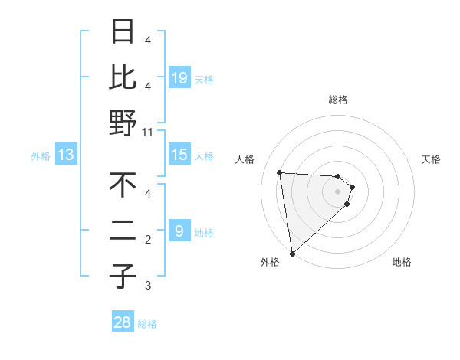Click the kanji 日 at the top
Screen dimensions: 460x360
[123, 31]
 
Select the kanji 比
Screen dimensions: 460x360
[123, 77]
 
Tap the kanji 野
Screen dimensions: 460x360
[123, 123]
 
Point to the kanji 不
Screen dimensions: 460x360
[123, 185]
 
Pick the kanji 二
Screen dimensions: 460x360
[123, 231]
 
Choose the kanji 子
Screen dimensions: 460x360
[123, 277]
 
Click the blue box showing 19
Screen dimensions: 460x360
[179, 77]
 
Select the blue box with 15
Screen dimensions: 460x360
[179, 155]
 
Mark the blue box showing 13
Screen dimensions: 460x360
[66, 155]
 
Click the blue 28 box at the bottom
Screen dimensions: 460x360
[123, 322]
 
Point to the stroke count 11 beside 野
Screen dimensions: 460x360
[149, 133]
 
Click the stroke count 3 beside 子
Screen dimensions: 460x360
[148, 286]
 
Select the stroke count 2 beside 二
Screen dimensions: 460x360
[148, 240]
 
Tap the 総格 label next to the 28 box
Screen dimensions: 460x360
[147, 324]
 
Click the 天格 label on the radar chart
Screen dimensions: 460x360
[432, 159]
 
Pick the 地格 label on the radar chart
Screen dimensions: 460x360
[402, 262]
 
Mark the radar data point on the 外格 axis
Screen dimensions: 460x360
[292, 253]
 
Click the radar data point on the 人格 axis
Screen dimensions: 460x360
[280, 172]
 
